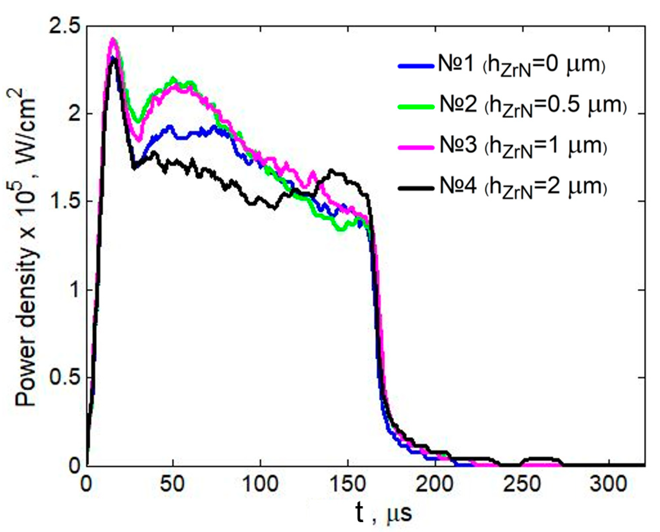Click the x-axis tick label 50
pyautogui.click(x=173, y=484)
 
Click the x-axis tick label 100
pyautogui.click(x=260, y=484)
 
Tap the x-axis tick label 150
pyautogui.click(x=348, y=484)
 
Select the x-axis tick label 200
pyautogui.click(x=435, y=484)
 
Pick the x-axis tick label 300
pyautogui.click(x=609, y=484)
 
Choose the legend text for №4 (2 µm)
pyautogui.click(x=523, y=187)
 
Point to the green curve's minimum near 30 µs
pyautogui.click(x=138, y=122)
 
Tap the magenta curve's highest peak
pyautogui.click(x=113, y=39)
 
